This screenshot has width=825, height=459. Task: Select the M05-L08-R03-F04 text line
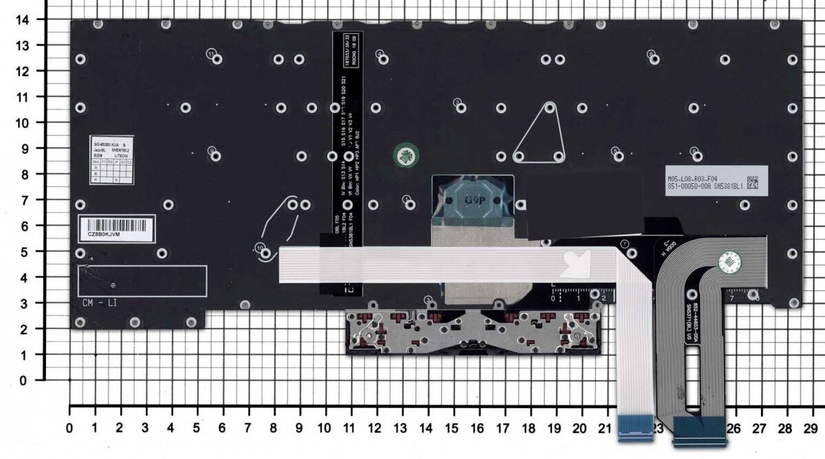[x=704, y=178]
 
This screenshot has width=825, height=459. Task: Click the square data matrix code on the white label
[x=753, y=183]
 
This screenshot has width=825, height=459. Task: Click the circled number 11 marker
[x=212, y=53]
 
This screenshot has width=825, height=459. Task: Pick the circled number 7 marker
[x=624, y=244]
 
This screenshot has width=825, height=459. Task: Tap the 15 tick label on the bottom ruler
[x=450, y=428]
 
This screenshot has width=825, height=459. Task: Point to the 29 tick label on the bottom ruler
[x=811, y=428]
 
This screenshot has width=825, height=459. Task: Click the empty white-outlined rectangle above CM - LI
[x=142, y=281]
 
